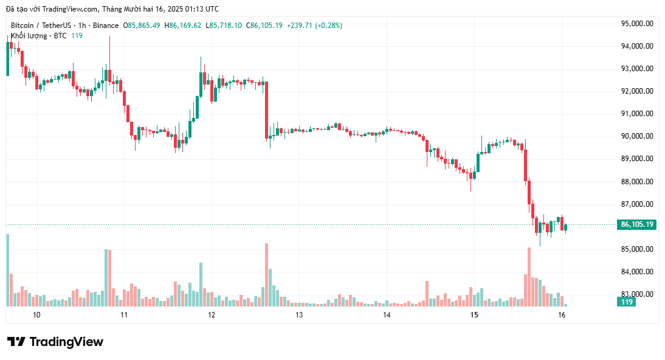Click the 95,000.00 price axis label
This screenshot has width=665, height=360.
click(636, 23)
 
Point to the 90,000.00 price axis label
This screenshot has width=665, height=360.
click(636, 136)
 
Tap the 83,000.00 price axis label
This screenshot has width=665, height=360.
click(636, 294)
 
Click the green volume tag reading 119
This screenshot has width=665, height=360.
click(627, 302)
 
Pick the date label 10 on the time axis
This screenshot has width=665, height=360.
click(36, 315)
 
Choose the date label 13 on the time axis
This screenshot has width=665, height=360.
click(299, 315)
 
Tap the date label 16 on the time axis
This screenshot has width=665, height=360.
click(562, 315)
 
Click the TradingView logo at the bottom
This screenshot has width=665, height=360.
click(55, 342)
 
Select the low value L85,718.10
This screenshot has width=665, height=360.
click(224, 26)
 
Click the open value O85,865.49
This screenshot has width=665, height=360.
click(142, 26)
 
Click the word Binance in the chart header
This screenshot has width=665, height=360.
click(106, 26)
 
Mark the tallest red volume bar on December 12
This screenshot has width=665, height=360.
click(266, 274)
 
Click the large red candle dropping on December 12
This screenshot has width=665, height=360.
click(266, 110)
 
